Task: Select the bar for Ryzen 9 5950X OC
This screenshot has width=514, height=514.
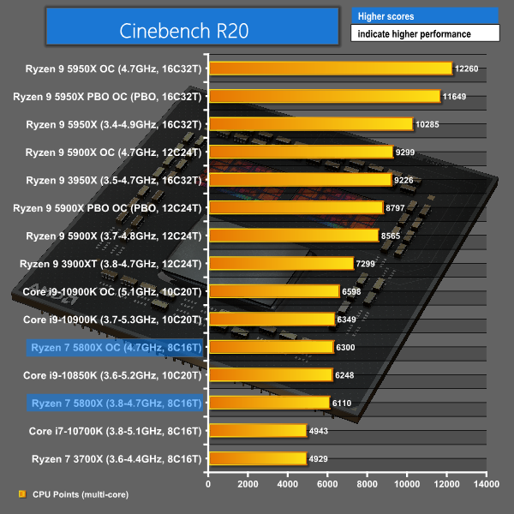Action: coord(330,69)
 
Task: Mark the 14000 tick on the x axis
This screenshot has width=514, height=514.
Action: coord(486,484)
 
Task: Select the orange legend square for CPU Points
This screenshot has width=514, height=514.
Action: coord(21,494)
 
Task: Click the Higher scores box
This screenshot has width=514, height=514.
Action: coord(424,15)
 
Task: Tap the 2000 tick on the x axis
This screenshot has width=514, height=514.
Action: coord(248,484)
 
